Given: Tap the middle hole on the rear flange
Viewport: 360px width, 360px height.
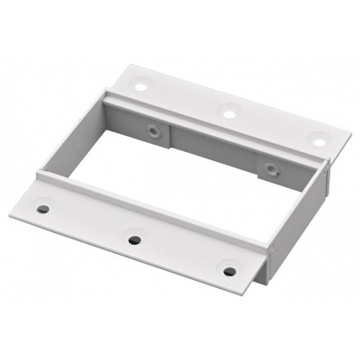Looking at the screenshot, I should click(x=229, y=113).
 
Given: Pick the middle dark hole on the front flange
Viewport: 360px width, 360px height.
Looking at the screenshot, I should click(x=134, y=239).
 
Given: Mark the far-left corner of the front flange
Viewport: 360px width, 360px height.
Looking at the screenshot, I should click(x=11, y=212).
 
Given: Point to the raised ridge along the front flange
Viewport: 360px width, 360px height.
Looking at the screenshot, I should click(x=153, y=207).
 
